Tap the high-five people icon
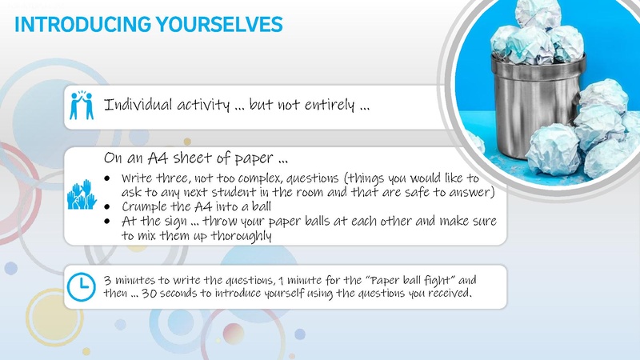pyautogui.click(x=78, y=106)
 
